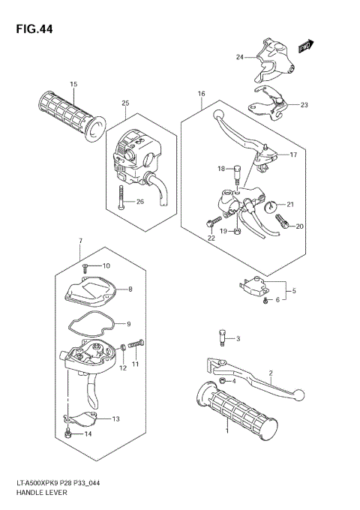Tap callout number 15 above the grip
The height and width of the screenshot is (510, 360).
(73, 84)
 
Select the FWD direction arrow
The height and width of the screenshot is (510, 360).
(304, 48)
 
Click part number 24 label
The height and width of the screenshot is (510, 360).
(240, 57)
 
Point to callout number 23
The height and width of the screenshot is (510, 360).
(304, 105)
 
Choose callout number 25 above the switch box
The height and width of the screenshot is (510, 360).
(126, 103)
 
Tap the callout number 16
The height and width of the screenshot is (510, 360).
(201, 94)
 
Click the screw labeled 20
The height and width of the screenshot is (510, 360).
(283, 221)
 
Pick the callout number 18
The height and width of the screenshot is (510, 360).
(221, 168)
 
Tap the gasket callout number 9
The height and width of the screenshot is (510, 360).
(128, 324)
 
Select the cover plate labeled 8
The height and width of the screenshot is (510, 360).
(94, 289)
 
